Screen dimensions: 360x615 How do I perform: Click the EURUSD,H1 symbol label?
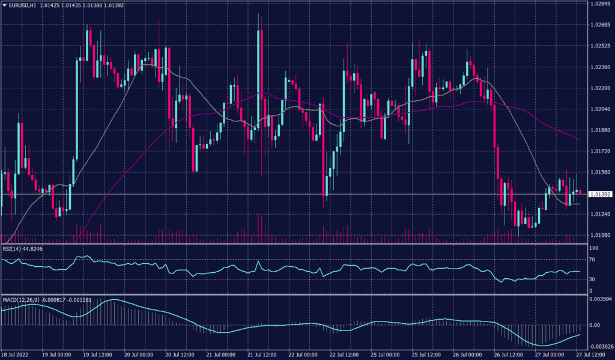pos(23,5)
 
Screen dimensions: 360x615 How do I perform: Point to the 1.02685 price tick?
pos(601,25)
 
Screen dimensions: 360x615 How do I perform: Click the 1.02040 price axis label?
pos(601,109)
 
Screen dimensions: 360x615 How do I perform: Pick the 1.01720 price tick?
pos(601,151)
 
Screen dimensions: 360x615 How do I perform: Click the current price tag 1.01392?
pos(601,195)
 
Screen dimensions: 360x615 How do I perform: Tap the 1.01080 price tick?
pos(601,235)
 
